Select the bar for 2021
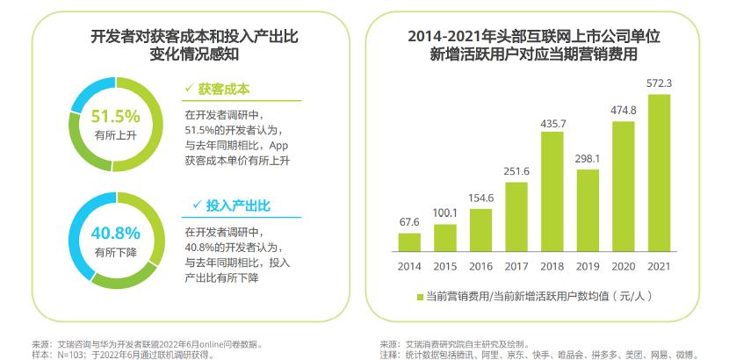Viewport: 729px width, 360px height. coord(659,173)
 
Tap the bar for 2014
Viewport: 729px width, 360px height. coord(409,241)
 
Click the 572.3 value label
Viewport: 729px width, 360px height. coord(659,83)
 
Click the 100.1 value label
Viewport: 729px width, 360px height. coord(445,213)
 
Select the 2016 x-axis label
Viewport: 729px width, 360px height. coord(480,266)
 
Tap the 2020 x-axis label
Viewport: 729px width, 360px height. coord(623,266)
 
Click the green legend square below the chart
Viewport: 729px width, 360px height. coord(418,298)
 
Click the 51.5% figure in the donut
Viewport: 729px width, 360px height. coord(116,116)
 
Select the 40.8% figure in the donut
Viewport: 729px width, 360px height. coord(116,234)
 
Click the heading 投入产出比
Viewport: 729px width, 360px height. coord(238,205)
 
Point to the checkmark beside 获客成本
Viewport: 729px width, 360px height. coord(188,88)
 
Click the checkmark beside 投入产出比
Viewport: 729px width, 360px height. coord(197,205)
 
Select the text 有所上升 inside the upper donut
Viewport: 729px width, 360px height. coord(116,135)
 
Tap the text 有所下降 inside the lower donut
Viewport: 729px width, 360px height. coord(116,252)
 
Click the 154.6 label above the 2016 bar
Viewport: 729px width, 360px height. coord(481,198)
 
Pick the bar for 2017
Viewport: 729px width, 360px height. coord(516,216)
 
